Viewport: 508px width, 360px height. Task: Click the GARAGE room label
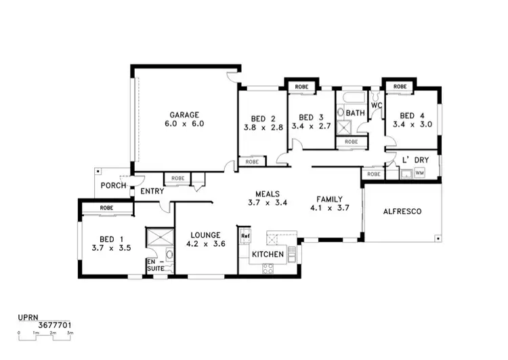coord(184,115)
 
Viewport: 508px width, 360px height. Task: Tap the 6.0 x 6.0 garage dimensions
coord(184,124)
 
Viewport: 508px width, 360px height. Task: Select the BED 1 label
coord(111,239)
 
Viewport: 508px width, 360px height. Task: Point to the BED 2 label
coord(262,117)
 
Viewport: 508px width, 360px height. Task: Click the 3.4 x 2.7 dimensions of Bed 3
coord(311,126)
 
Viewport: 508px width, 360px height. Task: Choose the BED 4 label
coord(412,116)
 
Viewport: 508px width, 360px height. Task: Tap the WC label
coord(377,106)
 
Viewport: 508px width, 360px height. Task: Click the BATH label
coord(356,113)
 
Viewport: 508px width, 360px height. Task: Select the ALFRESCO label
coord(402,212)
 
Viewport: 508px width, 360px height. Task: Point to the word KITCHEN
coord(267,255)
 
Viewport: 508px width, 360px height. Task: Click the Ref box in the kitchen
coord(245,236)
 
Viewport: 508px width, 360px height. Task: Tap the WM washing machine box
coord(419,174)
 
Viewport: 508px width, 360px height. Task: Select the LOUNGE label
coord(204,235)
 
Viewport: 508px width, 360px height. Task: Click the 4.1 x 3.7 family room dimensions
coord(333,208)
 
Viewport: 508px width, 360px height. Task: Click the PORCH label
coord(111,186)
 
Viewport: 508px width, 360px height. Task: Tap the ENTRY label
coord(152,192)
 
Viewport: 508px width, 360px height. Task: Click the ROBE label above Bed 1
coord(106,207)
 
